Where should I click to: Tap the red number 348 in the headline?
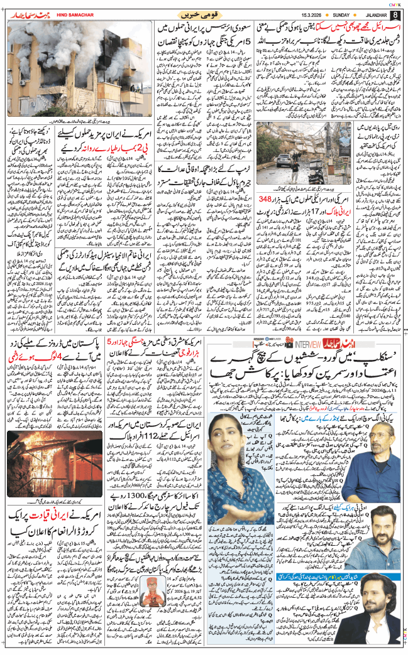pos(271,217)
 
